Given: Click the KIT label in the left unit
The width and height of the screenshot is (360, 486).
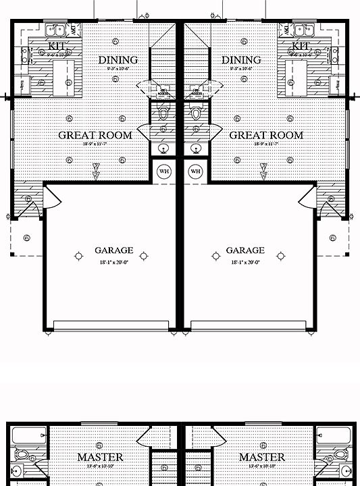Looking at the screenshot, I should point(57,46).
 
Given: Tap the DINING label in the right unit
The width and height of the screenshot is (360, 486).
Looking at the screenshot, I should point(241,60).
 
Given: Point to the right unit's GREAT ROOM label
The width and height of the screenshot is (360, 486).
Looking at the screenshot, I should point(266,135).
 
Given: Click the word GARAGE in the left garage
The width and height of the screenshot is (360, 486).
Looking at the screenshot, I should point(113,250).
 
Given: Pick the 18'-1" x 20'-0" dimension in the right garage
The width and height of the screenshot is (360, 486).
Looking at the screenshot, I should point(246,262).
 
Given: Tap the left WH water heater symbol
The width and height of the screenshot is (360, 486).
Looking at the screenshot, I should point(164,171).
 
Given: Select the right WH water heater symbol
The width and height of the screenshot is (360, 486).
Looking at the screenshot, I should point(196,171).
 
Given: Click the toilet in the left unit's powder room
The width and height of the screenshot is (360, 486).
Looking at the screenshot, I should point(163,111).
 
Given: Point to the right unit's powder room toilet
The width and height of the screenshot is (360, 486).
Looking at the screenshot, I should point(197,111).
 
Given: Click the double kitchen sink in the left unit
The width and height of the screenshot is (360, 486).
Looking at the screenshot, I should point(54,30).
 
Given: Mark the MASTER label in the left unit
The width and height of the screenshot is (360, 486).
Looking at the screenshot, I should point(99,457).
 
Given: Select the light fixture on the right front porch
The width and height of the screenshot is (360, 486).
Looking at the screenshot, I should point(333,237).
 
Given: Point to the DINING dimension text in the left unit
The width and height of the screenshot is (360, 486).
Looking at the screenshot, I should point(118,68).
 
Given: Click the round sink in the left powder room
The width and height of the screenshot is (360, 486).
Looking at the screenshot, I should point(163,148).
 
